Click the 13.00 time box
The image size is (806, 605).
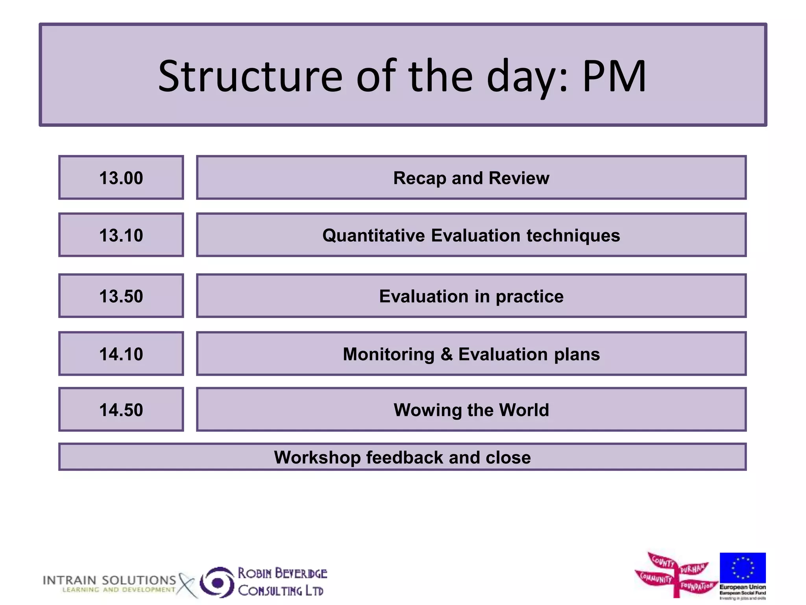[121, 178]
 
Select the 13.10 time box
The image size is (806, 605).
[121, 235]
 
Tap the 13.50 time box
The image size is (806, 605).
[121, 296]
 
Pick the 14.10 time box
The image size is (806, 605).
[121, 354]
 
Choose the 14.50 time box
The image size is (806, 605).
[121, 410]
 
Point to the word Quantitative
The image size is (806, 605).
[373, 236]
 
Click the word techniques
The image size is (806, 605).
[573, 236]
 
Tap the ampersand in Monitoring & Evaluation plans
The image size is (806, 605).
[446, 354]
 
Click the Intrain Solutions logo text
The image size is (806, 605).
[109, 581]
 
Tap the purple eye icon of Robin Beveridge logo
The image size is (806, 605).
[217, 582]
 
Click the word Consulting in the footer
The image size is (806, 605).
[270, 591]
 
